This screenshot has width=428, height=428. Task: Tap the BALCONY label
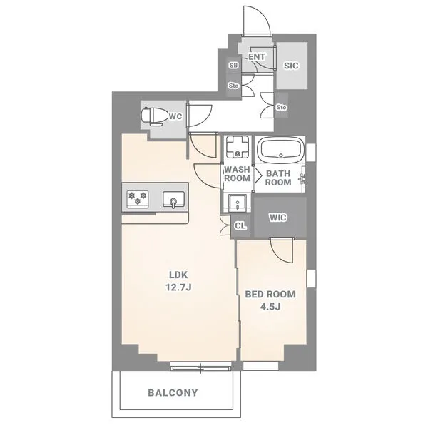coord(173,393)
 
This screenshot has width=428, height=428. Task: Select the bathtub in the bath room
coord(281,150)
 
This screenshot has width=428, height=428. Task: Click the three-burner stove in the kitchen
coord(138,199)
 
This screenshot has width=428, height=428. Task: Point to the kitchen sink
coord(173,199)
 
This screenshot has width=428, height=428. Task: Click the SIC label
coord(291,66)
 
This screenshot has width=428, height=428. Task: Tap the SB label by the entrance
coord(234,66)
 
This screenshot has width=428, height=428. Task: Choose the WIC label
coord(278,218)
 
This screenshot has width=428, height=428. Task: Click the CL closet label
coord(240,225)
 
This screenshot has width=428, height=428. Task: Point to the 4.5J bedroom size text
coord(270,307)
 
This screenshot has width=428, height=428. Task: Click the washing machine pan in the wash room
coord(238,147)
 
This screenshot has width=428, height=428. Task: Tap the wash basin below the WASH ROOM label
coord(238,203)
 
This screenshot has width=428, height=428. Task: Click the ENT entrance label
coord(257,57)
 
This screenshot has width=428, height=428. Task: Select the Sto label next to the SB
coord(234,86)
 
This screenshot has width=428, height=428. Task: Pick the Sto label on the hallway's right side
coord(281,107)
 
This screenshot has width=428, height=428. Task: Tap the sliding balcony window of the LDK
coord(201,366)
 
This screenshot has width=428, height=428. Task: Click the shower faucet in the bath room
coord(302,178)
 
